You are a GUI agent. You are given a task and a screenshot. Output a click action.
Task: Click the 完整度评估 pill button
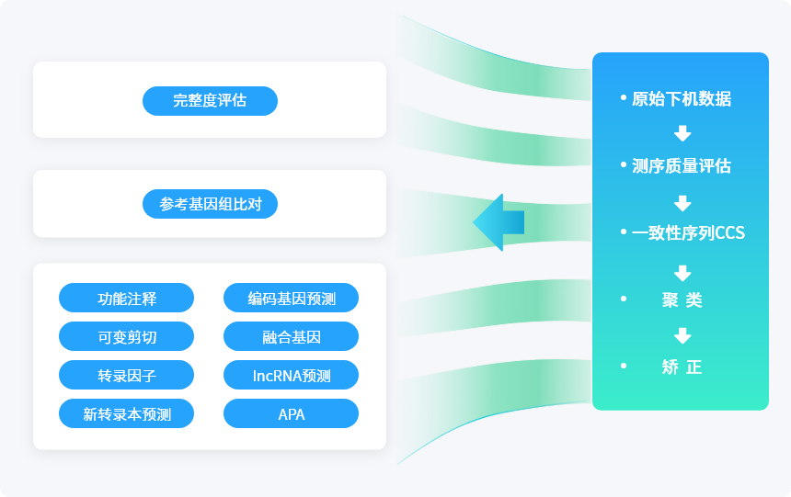tap(210, 101)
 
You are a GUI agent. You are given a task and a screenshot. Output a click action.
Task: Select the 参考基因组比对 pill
tap(210, 204)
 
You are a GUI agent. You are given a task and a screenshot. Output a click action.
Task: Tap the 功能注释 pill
tap(127, 298)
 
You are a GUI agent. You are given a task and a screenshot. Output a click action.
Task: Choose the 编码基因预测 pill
tap(291, 298)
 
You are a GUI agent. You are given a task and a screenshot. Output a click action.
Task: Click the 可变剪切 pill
tap(127, 336)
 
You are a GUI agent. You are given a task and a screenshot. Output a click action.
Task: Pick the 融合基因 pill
tap(291, 336)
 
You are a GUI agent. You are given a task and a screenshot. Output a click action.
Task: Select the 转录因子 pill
tap(127, 375)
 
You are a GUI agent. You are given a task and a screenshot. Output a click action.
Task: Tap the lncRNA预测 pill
tap(291, 375)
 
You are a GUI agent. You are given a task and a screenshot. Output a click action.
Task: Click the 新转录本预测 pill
tap(127, 413)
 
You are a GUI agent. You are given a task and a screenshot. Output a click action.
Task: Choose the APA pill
tap(291, 413)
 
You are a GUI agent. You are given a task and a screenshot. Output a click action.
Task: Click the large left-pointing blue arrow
tap(499, 222)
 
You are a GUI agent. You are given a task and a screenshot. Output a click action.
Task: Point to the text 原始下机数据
tap(682, 99)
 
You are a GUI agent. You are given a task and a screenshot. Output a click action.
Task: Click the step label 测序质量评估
tap(682, 166)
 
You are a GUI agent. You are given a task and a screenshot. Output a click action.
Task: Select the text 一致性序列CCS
tap(689, 232)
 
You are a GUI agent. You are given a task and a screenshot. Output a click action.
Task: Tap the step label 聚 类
tap(682, 299)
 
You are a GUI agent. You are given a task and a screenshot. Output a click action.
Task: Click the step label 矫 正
tap(682, 367)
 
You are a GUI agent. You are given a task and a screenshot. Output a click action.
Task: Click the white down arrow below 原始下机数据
tap(682, 133)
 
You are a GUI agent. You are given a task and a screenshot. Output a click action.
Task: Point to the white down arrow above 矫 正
tap(682, 335)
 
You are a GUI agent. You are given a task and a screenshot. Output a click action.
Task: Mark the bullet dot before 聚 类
tap(624, 299)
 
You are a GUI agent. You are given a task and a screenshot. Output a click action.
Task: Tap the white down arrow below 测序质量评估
tap(682, 204)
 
